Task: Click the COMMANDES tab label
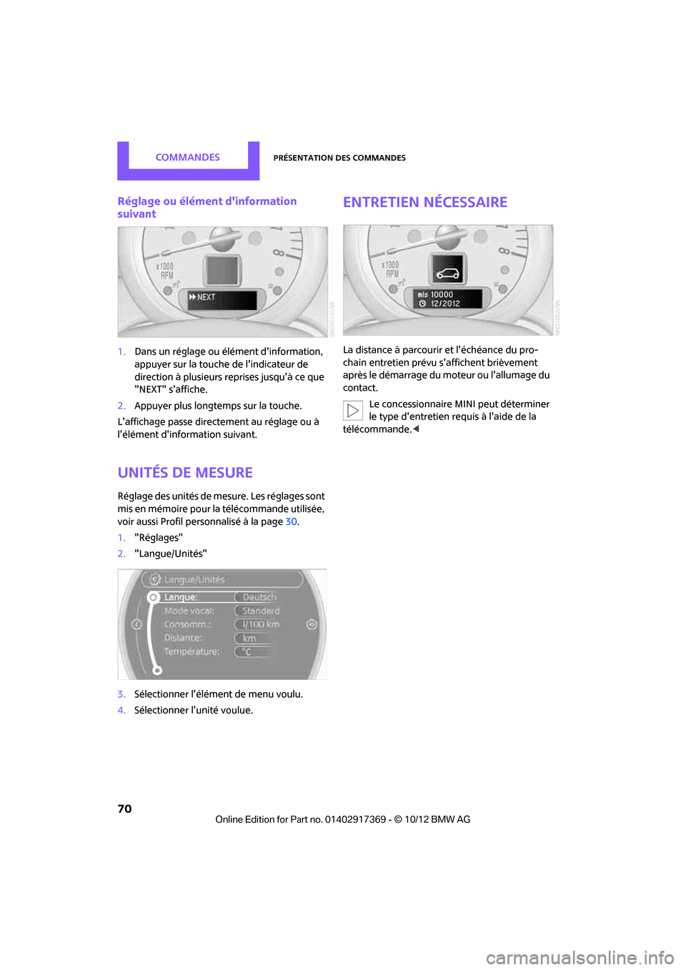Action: click(x=187, y=157)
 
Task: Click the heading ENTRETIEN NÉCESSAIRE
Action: click(x=425, y=202)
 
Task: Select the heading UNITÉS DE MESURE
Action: click(x=185, y=473)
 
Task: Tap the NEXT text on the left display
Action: click(x=205, y=297)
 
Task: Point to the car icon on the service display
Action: click(x=448, y=273)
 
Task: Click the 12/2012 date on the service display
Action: click(x=444, y=304)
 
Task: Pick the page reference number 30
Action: click(x=291, y=522)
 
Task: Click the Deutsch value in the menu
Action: click(x=259, y=597)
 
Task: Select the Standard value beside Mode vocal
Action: click(x=261, y=611)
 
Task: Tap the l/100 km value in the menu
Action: click(x=260, y=624)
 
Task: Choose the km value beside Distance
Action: click(x=249, y=638)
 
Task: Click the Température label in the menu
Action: click(x=192, y=651)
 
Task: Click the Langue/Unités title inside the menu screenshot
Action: click(x=194, y=579)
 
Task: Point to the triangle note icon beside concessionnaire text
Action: click(x=353, y=411)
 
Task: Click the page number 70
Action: click(x=125, y=809)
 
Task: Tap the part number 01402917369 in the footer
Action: click(x=355, y=819)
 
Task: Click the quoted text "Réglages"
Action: click(x=159, y=538)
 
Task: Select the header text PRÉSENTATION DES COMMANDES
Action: click(x=339, y=158)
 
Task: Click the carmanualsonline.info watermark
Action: click(x=580, y=957)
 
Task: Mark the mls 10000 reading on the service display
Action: click(x=436, y=294)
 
